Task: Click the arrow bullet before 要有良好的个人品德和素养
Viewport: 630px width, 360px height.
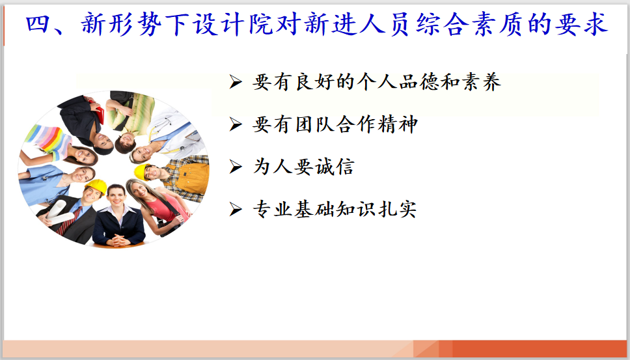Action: click(236, 82)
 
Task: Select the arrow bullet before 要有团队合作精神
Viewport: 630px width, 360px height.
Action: click(236, 124)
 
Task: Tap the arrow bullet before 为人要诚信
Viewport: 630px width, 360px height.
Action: click(236, 167)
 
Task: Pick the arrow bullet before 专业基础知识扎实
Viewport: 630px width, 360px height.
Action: click(236, 209)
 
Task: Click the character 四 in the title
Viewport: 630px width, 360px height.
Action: click(38, 23)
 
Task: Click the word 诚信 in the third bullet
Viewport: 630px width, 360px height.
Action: click(335, 167)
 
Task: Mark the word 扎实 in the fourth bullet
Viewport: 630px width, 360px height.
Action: click(397, 209)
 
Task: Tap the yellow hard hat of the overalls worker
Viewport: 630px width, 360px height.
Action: click(141, 171)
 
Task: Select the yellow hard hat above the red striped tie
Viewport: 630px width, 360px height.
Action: click(96, 186)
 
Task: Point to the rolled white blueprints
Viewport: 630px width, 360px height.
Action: click(59, 214)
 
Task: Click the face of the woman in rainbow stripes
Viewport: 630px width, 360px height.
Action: click(83, 156)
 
